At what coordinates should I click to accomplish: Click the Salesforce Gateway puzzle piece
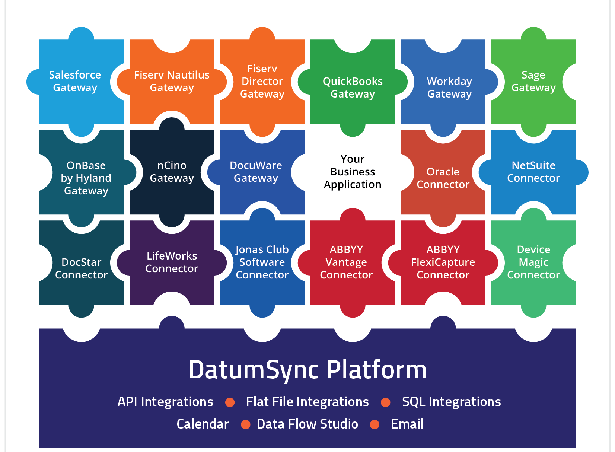click(75, 81)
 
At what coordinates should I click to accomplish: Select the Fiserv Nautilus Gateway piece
click(172, 81)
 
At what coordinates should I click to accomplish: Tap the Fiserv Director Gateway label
click(262, 81)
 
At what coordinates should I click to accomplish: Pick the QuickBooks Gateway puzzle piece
click(353, 87)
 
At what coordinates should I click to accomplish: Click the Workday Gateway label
click(449, 87)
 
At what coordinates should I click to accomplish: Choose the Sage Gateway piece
click(533, 81)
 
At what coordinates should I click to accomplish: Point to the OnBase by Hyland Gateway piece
click(86, 178)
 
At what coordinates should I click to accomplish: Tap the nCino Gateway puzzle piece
click(172, 172)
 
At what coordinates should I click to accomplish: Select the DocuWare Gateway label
click(256, 172)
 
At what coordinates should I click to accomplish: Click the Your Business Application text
click(353, 172)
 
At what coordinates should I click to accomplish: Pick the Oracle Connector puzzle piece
click(443, 178)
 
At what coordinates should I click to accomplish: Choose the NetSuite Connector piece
click(533, 172)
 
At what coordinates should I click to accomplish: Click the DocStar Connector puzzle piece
click(81, 268)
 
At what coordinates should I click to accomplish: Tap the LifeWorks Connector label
click(172, 262)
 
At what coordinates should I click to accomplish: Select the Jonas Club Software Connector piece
click(262, 262)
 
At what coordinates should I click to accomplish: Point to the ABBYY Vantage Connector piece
click(346, 262)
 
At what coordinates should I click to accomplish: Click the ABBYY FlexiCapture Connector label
click(443, 262)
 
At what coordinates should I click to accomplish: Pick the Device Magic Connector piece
click(533, 262)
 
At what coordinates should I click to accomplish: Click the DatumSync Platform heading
click(307, 370)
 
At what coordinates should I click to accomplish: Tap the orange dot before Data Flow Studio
click(246, 424)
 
